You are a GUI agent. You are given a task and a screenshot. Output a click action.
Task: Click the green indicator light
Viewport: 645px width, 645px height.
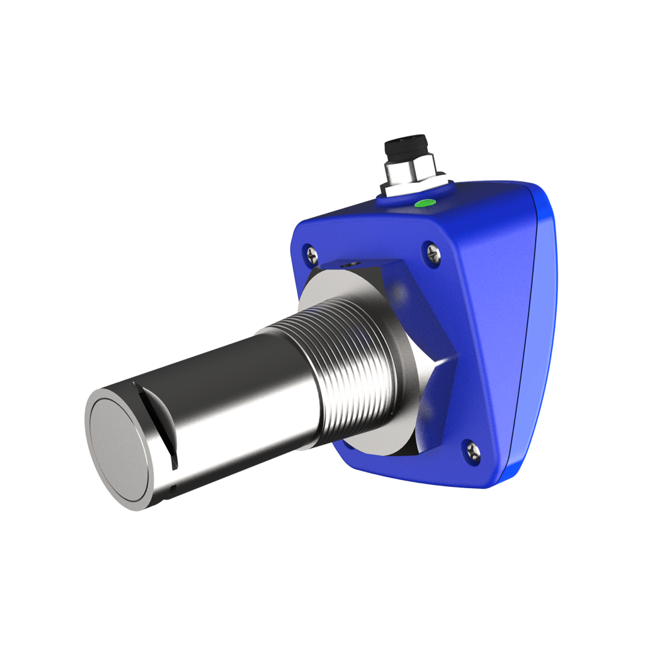pos(424,203)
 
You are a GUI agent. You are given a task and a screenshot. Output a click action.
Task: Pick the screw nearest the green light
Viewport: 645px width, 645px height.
pos(433,253)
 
